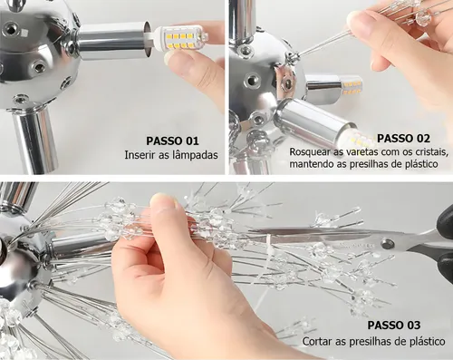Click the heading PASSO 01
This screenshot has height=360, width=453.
(172, 141)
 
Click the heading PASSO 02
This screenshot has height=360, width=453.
(403, 138)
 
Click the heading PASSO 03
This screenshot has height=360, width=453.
(394, 326)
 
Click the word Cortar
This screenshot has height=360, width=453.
(316, 342)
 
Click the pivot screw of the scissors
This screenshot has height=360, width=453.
(386, 244)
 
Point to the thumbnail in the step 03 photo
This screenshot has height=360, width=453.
(163, 200)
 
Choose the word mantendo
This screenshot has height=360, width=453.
(310, 164)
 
